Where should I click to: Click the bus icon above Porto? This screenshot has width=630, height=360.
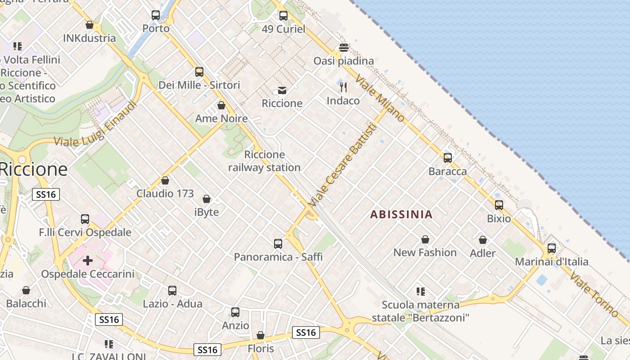pyautogui.click(x=156, y=15)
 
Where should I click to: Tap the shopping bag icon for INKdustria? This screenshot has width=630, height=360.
pyautogui.click(x=90, y=25)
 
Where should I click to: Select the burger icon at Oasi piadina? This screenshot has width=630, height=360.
pyautogui.click(x=344, y=47)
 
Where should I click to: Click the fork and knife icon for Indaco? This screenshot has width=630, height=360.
pyautogui.click(x=343, y=87)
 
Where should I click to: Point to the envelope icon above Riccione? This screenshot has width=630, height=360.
pyautogui.click(x=282, y=90)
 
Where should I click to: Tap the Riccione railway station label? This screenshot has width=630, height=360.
pyautogui.click(x=264, y=161)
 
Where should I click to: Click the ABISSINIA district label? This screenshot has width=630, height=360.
pyautogui.click(x=401, y=215)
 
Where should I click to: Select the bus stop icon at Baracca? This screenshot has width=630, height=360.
pyautogui.click(x=448, y=157)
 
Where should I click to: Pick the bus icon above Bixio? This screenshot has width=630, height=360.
pyautogui.click(x=499, y=205)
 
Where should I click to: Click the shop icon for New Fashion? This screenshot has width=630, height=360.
pyautogui.click(x=425, y=239)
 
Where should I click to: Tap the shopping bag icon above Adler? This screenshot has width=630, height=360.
pyautogui.click(x=483, y=240)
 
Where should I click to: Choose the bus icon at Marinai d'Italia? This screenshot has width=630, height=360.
pyautogui.click(x=552, y=248)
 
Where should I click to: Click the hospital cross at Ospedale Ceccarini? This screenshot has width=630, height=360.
pyautogui.click(x=88, y=261)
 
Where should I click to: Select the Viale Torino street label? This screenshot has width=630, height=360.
pyautogui.click(x=594, y=294)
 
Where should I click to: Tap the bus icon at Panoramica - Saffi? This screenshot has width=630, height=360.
pyautogui.click(x=278, y=244)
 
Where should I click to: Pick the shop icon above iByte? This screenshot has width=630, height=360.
pyautogui.click(x=207, y=199)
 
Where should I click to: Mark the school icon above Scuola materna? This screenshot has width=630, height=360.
pyautogui.click(x=421, y=292)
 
